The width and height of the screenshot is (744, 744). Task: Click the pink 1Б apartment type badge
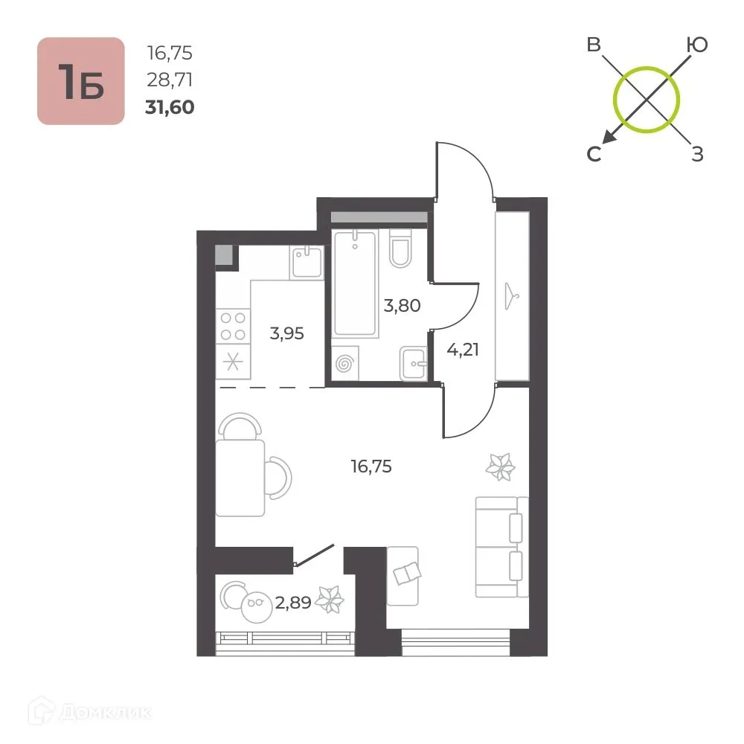point(81,81)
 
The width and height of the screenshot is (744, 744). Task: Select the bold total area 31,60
point(170,107)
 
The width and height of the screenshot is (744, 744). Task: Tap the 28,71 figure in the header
point(170,80)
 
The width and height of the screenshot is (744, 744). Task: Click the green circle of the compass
point(647,67)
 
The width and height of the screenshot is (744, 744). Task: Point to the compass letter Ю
point(697,45)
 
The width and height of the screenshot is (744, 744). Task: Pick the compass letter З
point(697,154)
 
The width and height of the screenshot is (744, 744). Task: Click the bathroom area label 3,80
point(402,306)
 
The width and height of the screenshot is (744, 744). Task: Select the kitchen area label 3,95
point(286,333)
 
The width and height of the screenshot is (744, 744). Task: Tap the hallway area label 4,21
point(463,350)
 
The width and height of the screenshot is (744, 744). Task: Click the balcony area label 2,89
point(293,603)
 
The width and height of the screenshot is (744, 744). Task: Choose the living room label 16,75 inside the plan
point(371,466)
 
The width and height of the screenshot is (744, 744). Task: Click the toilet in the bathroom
point(400,248)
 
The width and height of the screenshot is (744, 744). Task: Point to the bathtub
point(356,283)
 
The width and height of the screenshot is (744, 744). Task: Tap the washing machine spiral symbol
point(344,364)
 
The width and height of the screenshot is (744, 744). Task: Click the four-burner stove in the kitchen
point(233,326)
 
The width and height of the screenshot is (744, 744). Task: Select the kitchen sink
point(307,262)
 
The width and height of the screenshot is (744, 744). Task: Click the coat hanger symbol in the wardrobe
point(511,296)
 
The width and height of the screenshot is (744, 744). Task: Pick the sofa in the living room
point(502,547)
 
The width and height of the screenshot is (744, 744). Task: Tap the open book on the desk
point(407,573)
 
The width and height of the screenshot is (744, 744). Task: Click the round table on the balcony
point(256,607)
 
